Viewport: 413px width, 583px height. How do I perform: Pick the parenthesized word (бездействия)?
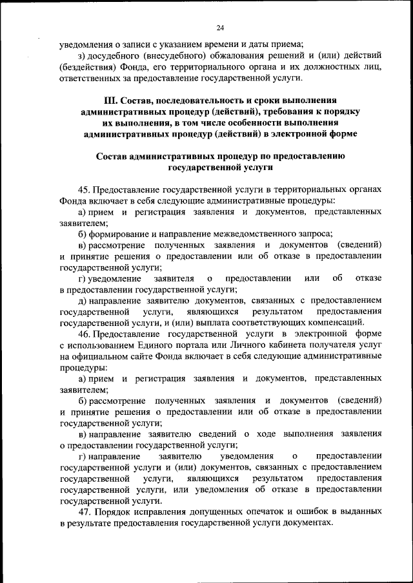(x=87, y=66)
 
